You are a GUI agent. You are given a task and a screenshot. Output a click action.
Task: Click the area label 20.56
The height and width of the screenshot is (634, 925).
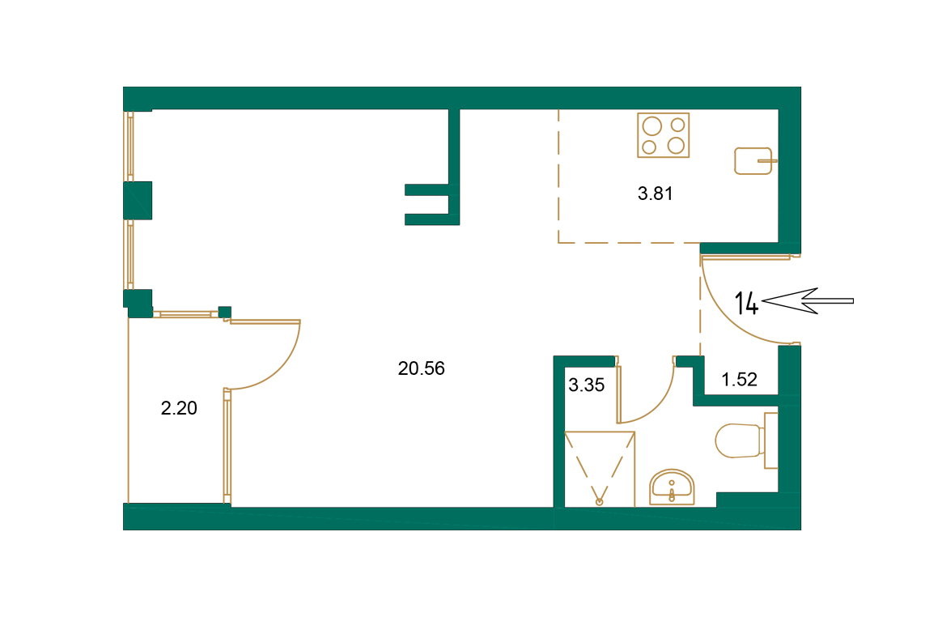[422, 369]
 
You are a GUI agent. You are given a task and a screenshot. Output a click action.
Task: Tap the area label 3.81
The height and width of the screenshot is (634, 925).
[656, 194]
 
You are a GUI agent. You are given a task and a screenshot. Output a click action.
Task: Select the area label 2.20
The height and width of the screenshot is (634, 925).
[179, 409]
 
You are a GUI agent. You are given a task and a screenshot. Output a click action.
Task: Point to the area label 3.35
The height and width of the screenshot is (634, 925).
[586, 386]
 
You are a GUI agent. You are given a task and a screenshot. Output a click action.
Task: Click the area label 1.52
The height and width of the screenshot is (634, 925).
[739, 380]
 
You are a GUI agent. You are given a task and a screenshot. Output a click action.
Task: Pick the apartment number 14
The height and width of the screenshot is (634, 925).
[746, 303]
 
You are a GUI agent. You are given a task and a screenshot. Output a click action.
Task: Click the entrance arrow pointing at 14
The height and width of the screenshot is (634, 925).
[808, 301]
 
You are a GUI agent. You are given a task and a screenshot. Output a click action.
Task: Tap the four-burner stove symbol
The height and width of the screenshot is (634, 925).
[664, 135]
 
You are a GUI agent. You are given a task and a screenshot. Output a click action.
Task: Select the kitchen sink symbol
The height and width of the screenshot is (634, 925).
[753, 160]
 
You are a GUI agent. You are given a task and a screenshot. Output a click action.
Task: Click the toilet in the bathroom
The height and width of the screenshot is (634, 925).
[740, 440]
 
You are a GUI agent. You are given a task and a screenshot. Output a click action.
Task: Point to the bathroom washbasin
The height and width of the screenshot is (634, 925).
[672, 487]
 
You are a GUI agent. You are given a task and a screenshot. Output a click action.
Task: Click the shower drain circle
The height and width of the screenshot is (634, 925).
[600, 502]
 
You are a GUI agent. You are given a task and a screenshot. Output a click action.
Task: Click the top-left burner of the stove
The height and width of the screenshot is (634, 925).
[650, 126]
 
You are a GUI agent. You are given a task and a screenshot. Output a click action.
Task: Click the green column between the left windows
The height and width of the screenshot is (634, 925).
[138, 200]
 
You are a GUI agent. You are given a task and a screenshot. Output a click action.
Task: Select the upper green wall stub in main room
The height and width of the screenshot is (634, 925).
[427, 190]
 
